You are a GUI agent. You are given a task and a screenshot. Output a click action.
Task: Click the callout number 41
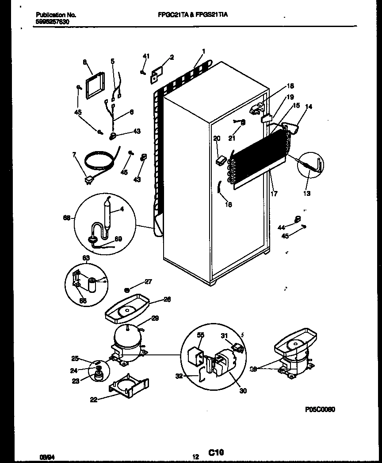pos(146,56)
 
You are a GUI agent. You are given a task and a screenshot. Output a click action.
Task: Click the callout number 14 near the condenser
pos(308,106)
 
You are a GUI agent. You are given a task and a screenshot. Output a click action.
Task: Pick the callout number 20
pos(217,138)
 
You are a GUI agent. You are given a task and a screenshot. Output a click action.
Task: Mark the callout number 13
pos(306,193)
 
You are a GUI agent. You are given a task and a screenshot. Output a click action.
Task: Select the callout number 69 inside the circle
pos(118,239)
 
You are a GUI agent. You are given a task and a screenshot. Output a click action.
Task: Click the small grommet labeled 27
pos(126,290)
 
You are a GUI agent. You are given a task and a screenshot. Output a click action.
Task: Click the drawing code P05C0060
pos(320,409)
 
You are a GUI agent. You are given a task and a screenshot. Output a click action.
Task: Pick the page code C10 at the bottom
pos(214,452)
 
